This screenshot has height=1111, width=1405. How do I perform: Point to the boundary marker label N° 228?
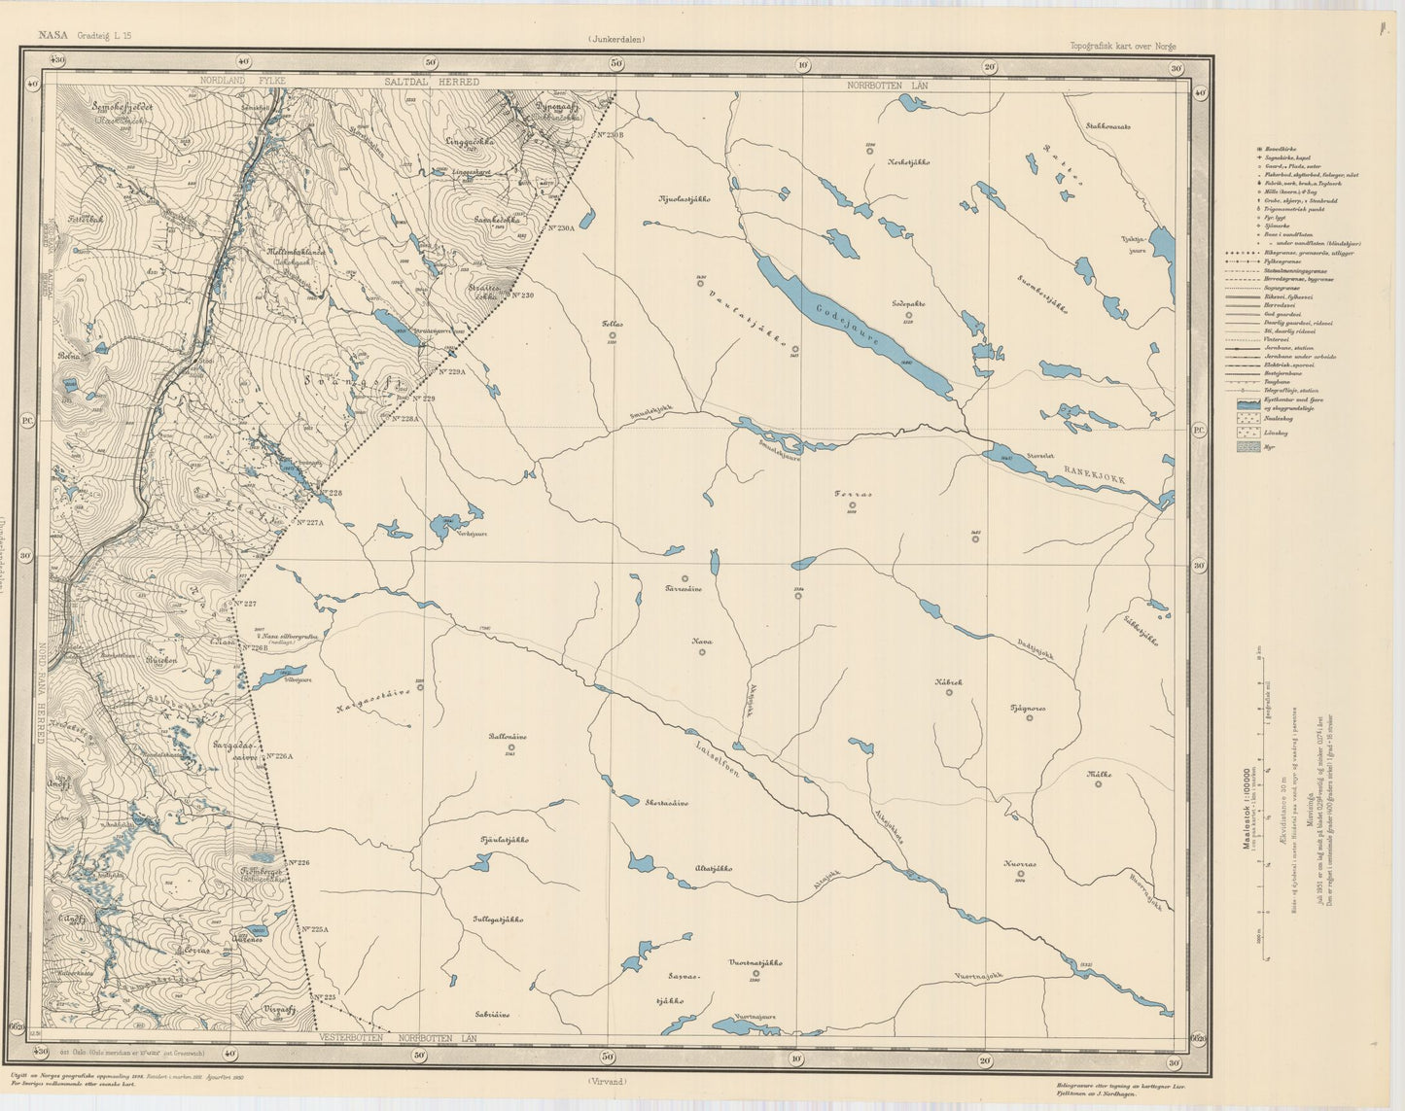click(330, 493)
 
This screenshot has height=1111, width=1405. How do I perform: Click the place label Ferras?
click(853, 494)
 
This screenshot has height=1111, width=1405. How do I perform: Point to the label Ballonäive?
click(509, 736)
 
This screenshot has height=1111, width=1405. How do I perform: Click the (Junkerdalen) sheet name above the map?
click(616, 40)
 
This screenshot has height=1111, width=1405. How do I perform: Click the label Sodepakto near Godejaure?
click(908, 303)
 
